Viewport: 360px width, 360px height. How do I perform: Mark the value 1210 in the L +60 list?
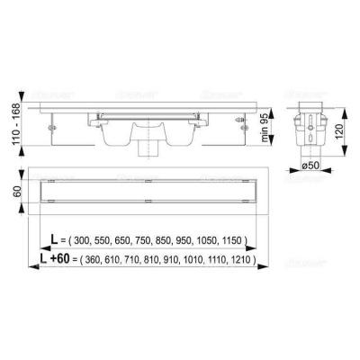[243, 261]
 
